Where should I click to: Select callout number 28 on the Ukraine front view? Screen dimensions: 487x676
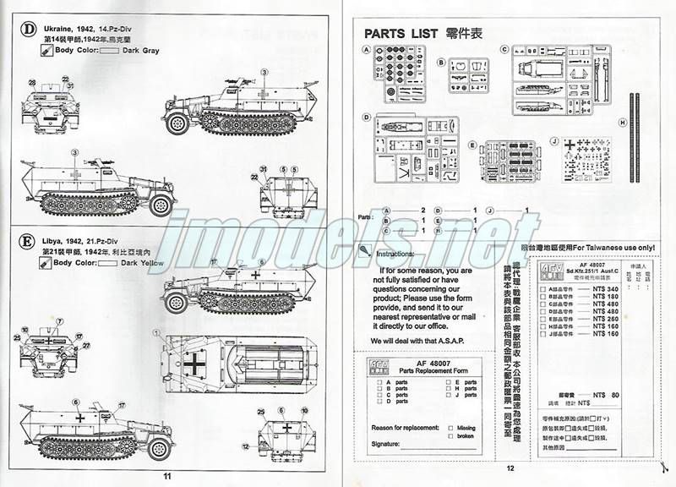(32, 82)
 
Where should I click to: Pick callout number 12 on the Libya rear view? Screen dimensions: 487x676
(245, 445)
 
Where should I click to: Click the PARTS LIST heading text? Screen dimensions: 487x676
(401, 34)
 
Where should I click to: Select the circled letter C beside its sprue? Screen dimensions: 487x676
(504, 50)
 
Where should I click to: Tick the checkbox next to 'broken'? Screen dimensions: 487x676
(451, 436)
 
